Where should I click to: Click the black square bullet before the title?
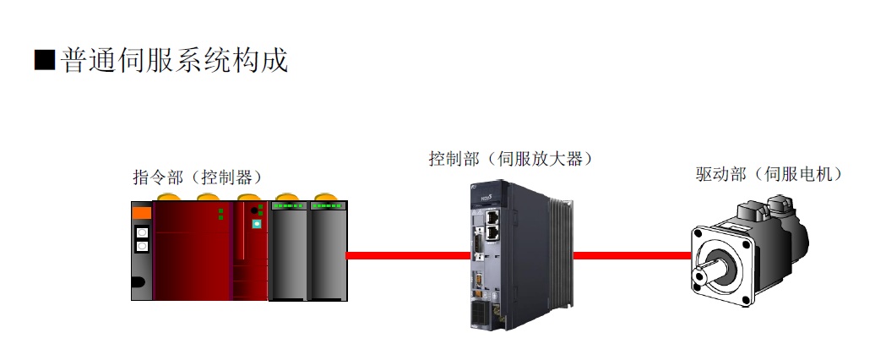point(45,60)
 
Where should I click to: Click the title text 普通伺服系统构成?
point(175,60)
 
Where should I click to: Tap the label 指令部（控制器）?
point(198,177)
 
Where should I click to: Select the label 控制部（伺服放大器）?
point(512,159)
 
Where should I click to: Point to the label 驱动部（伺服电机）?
point(769,174)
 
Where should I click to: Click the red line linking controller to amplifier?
point(408,255)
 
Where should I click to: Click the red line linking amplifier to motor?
point(633,255)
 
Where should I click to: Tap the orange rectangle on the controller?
point(142,213)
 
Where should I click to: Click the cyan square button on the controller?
point(257,224)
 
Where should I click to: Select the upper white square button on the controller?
point(143,232)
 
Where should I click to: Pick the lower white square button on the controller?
point(143,246)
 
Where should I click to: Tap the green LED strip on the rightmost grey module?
point(327,206)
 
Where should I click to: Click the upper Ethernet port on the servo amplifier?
point(492,216)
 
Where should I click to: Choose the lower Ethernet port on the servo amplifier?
point(492,230)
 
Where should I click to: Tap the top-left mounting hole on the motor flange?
point(701,237)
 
